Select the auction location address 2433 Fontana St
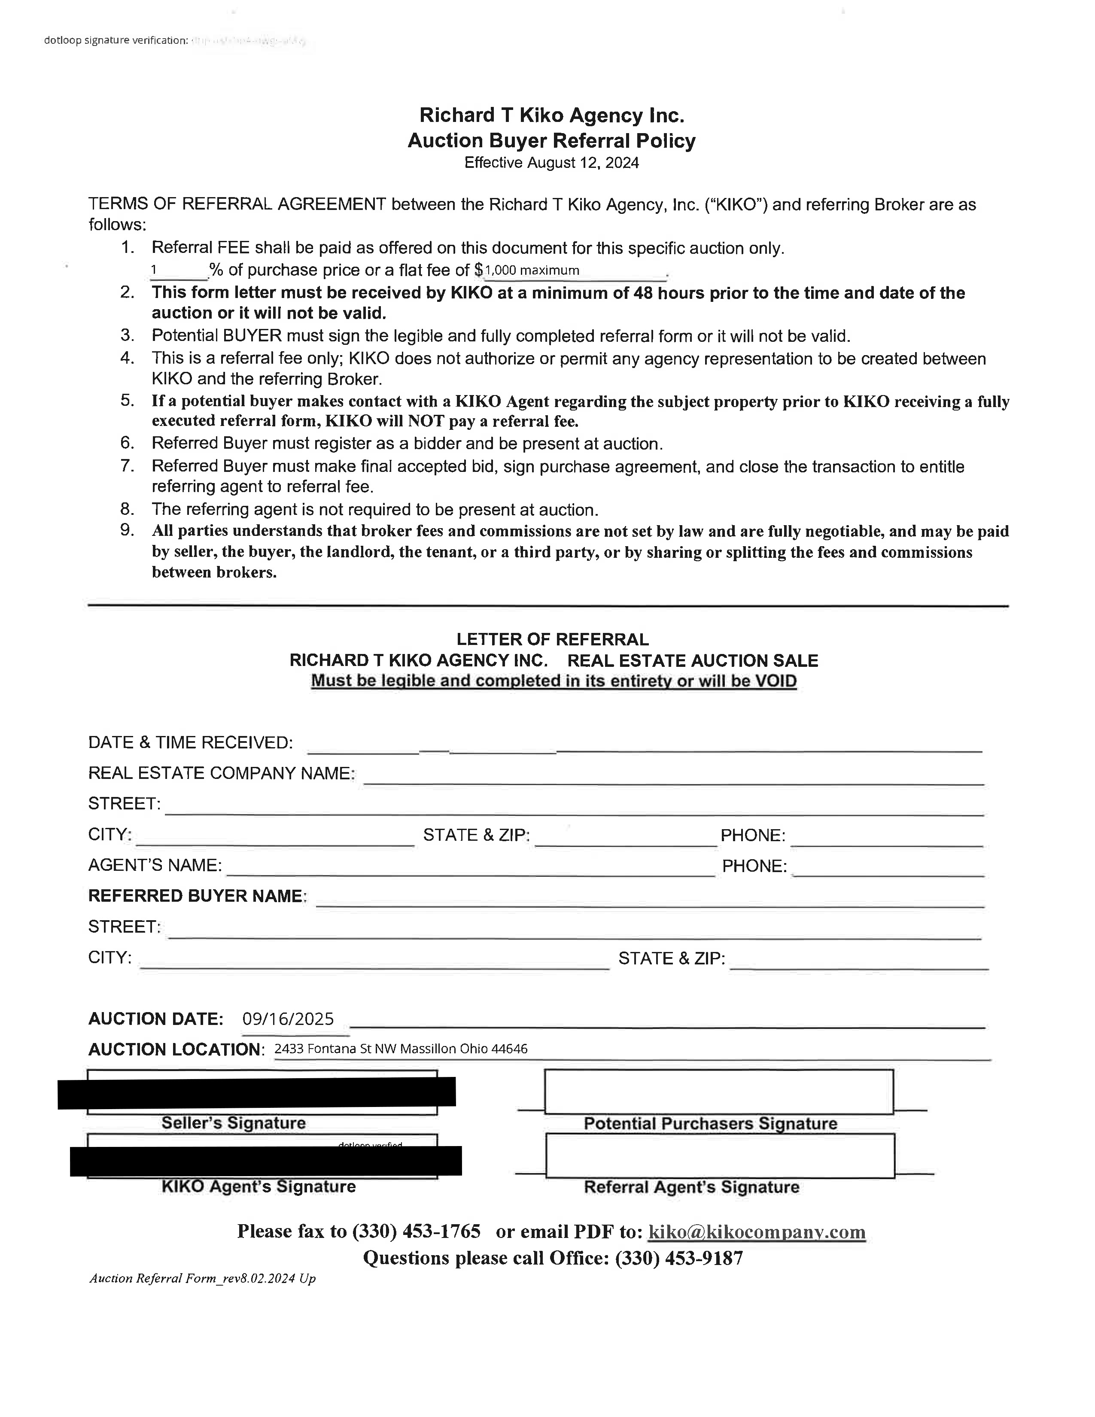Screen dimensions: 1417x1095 400,1049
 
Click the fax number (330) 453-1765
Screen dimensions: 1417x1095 416,1232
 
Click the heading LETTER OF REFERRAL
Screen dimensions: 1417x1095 552,640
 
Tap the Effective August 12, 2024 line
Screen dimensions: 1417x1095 551,163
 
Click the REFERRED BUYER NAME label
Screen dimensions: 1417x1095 196,896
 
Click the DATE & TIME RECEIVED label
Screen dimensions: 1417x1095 190,742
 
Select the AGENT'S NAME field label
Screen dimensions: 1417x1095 155,866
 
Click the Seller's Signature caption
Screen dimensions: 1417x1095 234,1123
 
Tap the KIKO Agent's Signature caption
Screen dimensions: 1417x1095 258,1187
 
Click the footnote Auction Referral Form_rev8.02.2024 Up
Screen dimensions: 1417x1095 202,1278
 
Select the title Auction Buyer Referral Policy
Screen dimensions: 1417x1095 551,141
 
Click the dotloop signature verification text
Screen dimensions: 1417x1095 116,40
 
